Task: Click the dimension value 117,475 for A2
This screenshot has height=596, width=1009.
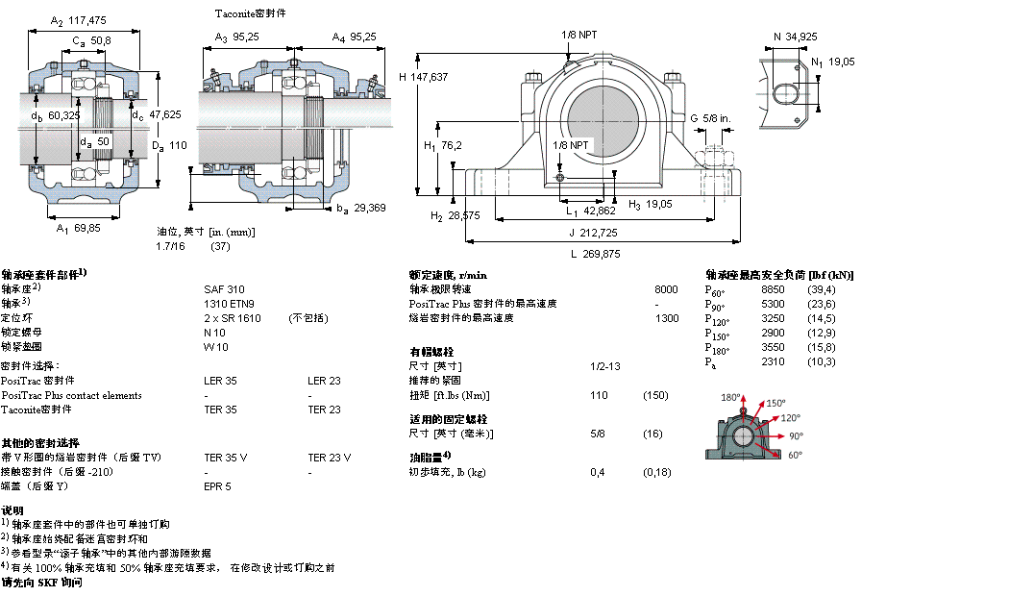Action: (x=88, y=20)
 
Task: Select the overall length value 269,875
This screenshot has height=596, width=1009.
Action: (x=601, y=254)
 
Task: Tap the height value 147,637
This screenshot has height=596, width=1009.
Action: (x=428, y=76)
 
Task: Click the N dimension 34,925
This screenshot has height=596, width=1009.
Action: (x=801, y=37)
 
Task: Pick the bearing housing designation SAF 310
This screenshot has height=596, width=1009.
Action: (x=224, y=288)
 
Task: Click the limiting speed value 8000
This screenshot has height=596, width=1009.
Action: (x=666, y=288)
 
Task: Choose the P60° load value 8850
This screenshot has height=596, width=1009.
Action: (x=773, y=288)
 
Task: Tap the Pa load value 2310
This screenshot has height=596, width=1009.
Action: (x=773, y=361)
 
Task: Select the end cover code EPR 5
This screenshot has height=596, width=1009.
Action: (x=217, y=486)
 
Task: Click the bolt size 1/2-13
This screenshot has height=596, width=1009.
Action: (x=604, y=366)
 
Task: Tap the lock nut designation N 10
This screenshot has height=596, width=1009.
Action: (x=215, y=332)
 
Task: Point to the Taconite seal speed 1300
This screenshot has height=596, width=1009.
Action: (x=666, y=318)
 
